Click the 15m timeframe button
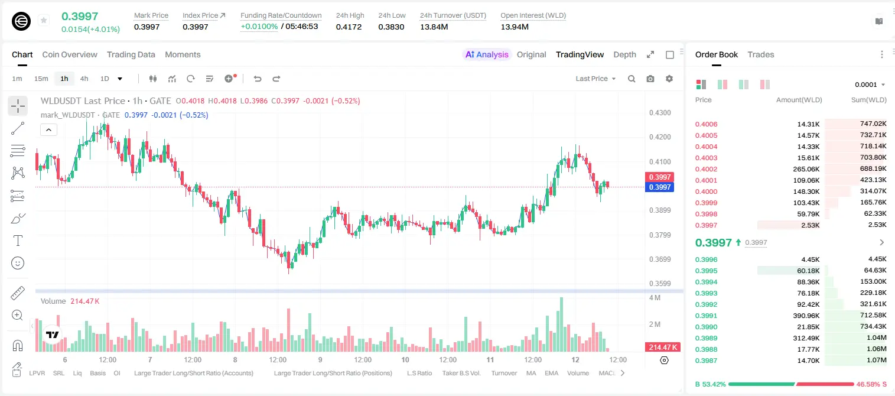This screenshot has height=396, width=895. [41, 79]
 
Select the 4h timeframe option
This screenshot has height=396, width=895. [84, 79]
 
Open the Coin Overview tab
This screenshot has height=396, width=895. [70, 54]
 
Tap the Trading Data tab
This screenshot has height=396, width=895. [131, 54]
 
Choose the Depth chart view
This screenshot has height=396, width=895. [624, 54]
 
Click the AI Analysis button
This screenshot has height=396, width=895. [487, 54]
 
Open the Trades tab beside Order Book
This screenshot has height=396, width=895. [761, 54]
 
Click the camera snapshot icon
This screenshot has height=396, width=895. [650, 79]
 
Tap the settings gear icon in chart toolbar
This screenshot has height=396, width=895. [669, 79]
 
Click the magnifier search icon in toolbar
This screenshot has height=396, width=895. [632, 79]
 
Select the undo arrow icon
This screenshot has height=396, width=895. [258, 79]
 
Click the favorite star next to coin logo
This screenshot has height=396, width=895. [44, 20]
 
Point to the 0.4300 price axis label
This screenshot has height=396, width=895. [660, 113]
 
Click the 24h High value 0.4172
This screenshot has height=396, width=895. [349, 27]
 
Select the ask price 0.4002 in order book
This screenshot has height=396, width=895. [706, 169]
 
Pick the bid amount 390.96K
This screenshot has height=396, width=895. [806, 316]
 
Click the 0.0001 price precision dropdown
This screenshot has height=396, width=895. [870, 85]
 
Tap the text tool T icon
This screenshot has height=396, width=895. [18, 241]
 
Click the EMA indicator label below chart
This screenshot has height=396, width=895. [551, 373]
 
